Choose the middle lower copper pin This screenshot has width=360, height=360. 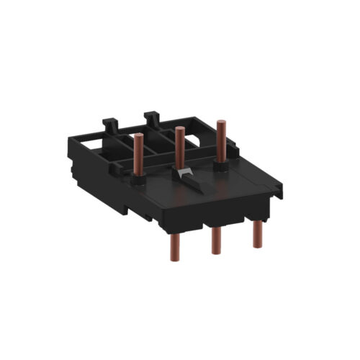coord(215,239)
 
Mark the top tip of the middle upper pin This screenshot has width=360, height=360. coord(179,130)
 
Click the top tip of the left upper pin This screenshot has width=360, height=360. coord(137,135)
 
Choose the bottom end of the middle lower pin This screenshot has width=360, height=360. coord(215,253)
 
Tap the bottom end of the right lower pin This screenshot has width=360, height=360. coord(257,245)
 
